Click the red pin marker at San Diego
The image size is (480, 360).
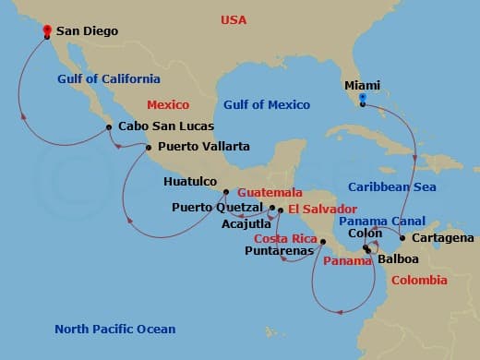click(x=47, y=30)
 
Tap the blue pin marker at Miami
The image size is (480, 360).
click(x=363, y=97)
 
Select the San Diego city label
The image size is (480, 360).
click(x=88, y=31)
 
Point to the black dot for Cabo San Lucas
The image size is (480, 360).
click(x=109, y=127)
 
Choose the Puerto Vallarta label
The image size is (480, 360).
click(x=203, y=146)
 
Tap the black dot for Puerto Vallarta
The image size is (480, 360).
click(x=150, y=147)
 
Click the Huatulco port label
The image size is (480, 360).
click(x=190, y=182)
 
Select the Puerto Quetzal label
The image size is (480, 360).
click(x=218, y=208)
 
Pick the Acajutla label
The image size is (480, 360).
click(x=246, y=223)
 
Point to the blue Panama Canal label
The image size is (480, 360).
click(x=382, y=222)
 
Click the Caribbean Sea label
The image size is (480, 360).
click(x=391, y=186)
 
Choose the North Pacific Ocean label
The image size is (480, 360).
click(x=114, y=329)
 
